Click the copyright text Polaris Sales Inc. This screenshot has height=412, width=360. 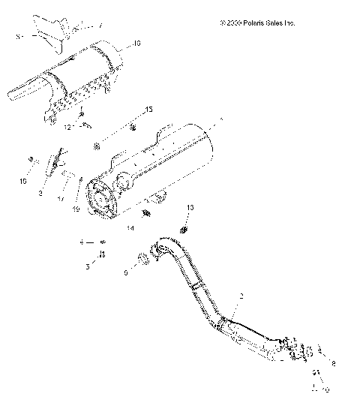[258, 23]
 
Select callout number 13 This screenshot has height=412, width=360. [190, 206]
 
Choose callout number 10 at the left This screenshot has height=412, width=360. [22, 181]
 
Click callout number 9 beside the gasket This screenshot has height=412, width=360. [126, 273]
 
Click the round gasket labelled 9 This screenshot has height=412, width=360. [141, 261]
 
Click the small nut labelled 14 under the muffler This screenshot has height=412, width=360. [146, 213]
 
